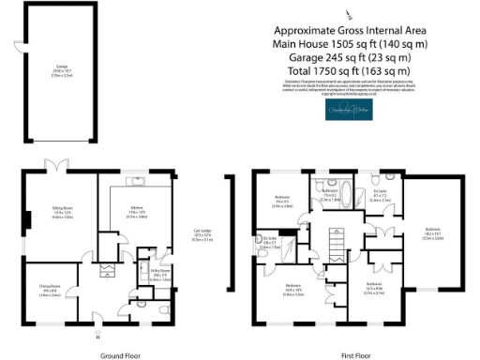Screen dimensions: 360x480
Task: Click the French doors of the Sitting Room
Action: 61,167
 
